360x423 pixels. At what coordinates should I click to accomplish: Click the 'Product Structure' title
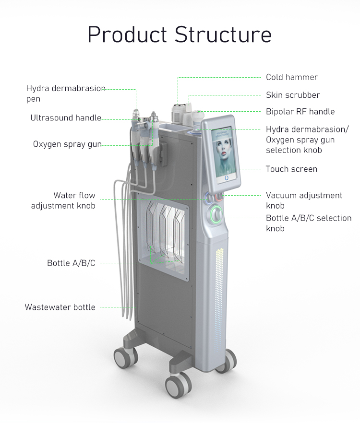(x=180, y=35)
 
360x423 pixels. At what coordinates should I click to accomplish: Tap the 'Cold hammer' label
(x=292, y=77)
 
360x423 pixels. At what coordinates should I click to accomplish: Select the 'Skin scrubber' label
(x=293, y=95)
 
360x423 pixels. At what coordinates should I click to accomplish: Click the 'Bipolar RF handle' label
(x=300, y=112)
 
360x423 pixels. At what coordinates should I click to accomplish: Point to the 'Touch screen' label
(x=291, y=169)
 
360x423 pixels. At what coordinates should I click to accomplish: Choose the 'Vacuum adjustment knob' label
(x=304, y=200)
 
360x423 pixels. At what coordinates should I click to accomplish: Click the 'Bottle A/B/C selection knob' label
(x=309, y=223)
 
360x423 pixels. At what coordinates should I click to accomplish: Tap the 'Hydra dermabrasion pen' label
(x=66, y=94)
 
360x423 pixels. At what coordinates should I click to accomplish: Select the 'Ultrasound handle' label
(x=66, y=118)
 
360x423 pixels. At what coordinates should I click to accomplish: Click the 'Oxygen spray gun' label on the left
(x=67, y=144)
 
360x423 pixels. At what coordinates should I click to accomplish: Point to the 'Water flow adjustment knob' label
(x=63, y=200)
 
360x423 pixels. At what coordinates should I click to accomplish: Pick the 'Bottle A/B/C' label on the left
(x=71, y=263)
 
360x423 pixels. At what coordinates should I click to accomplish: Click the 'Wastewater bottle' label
(x=60, y=307)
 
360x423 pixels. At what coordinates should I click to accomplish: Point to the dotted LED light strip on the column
(x=220, y=293)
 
